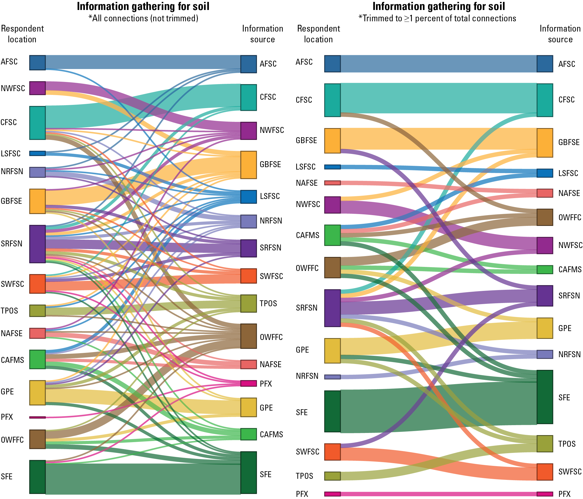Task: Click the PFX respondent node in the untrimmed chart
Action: point(37,417)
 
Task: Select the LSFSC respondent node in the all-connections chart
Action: point(37,153)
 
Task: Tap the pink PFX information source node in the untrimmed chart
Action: point(249,383)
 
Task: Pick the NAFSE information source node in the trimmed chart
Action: point(545,193)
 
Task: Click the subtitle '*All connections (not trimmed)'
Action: point(143,18)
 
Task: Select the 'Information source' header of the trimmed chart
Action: point(560,34)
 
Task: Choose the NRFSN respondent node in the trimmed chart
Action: point(332,377)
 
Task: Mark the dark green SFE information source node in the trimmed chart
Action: point(545,397)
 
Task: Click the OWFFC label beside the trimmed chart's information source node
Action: point(570,217)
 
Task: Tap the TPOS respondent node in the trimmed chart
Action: point(332,476)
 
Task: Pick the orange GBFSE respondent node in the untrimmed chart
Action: point(37,201)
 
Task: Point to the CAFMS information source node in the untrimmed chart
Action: point(249,434)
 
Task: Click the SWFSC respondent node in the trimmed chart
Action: point(332,452)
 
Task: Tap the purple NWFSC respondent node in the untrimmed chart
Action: point(37,88)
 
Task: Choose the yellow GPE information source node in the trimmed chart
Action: point(545,328)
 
